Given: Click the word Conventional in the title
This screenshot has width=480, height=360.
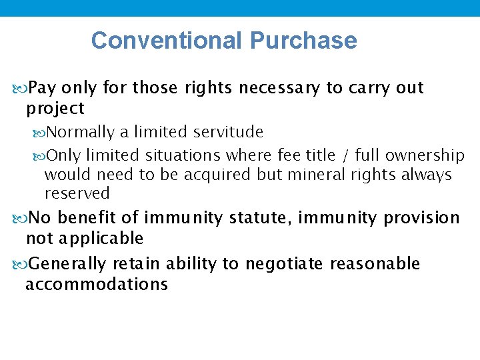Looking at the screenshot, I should point(167,41).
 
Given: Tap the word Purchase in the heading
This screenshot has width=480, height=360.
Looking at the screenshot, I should point(303,41).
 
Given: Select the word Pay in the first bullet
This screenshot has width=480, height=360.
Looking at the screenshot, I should point(43,88).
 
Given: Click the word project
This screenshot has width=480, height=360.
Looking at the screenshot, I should point(55,108).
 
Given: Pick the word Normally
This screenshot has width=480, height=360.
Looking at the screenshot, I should point(81,132).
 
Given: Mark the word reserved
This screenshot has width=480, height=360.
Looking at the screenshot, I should point(77,193).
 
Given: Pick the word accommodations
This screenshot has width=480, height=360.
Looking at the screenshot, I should point(97,284).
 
